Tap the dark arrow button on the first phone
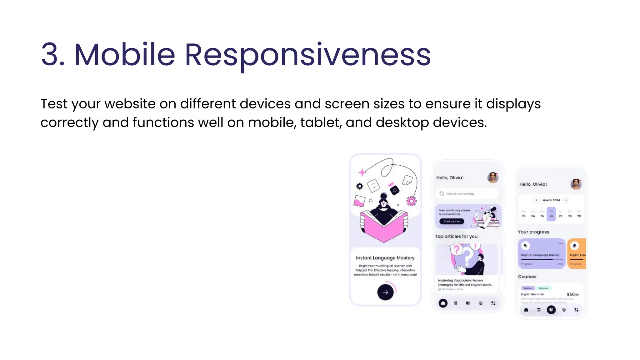click(385, 292)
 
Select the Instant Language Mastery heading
click(385, 258)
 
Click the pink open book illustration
click(384, 225)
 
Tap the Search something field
click(466, 194)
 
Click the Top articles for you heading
click(456, 237)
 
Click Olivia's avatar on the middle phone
click(492, 177)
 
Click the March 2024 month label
click(551, 200)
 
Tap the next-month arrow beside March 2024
click(566, 200)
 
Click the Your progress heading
click(533, 232)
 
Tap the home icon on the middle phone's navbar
click(443, 303)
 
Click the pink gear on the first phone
click(411, 201)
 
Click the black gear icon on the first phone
click(360, 186)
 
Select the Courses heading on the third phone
click(527, 277)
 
